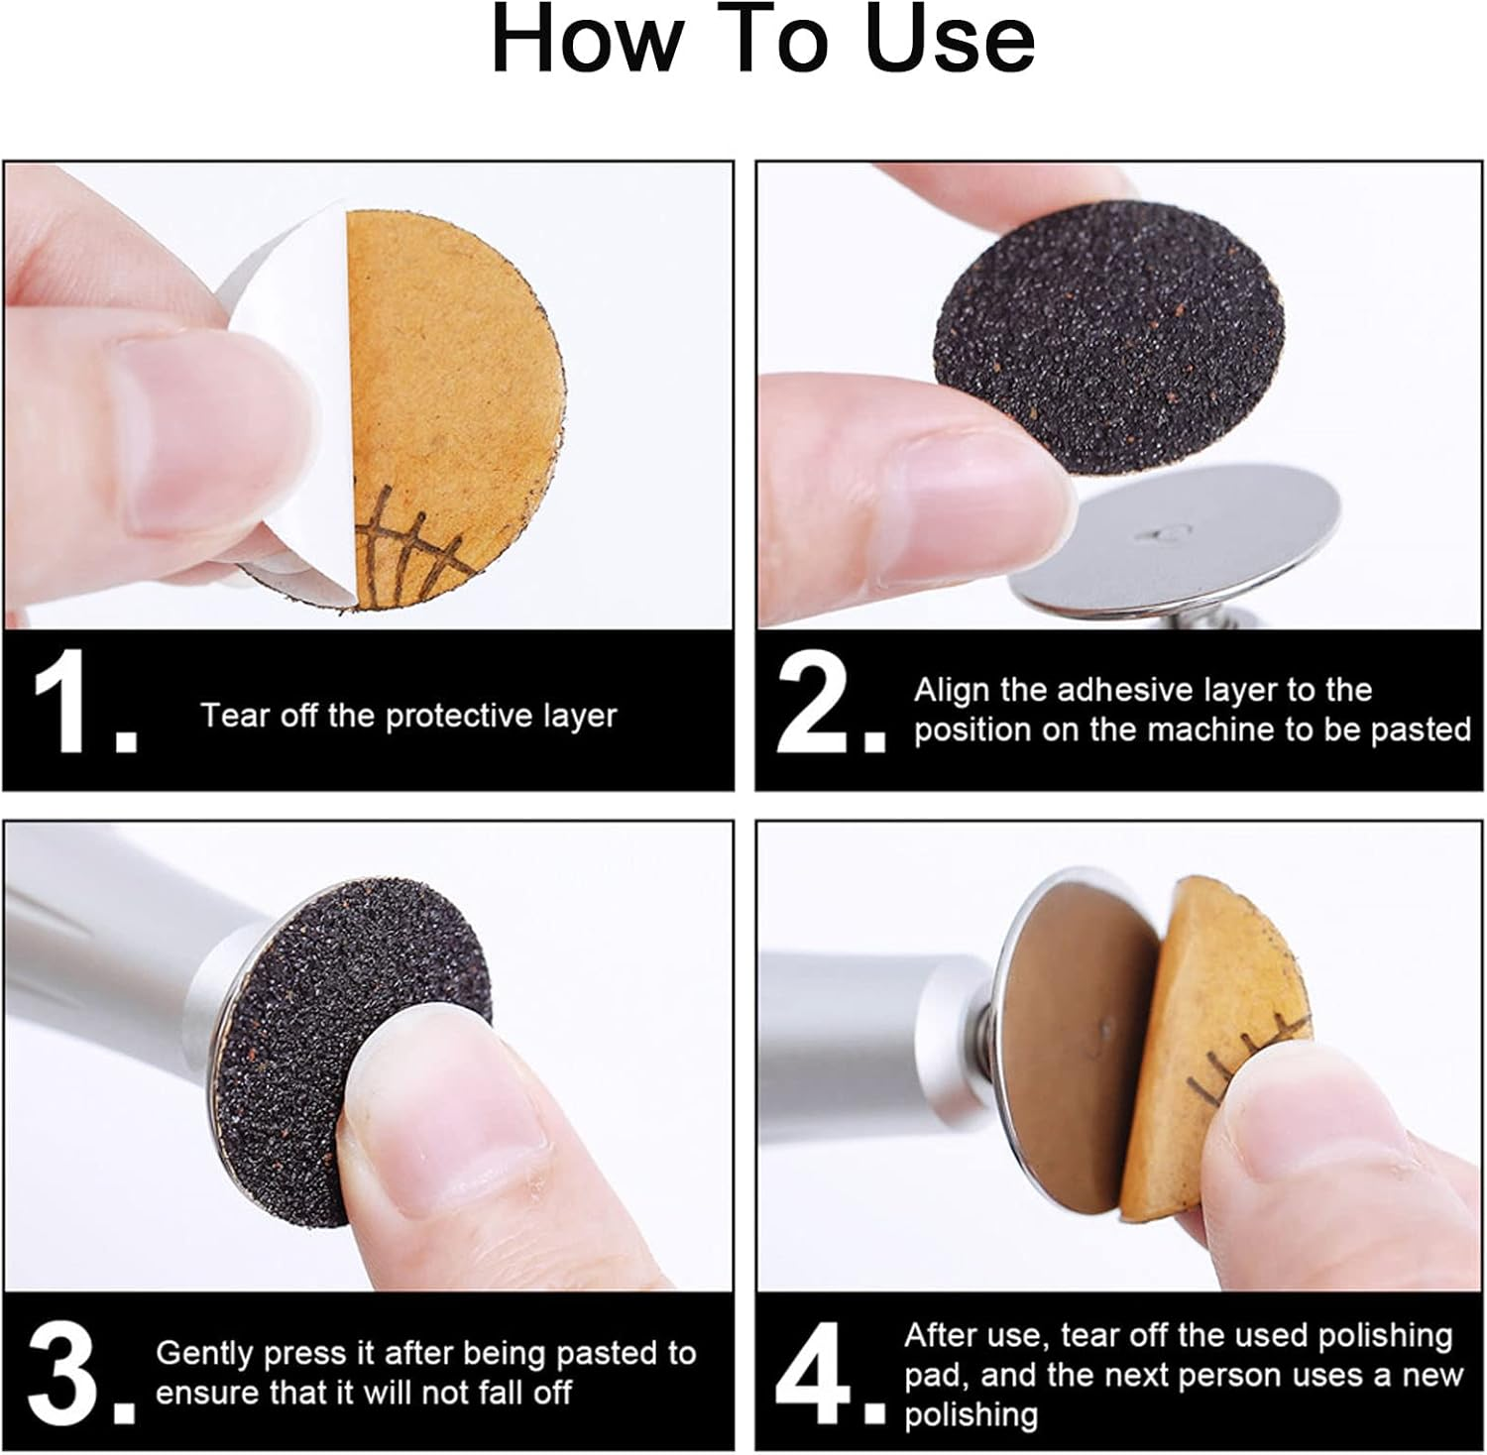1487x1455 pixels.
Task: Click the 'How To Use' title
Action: point(762,42)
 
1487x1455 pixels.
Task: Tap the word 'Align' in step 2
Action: point(953,690)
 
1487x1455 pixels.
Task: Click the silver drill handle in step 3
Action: point(109,951)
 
